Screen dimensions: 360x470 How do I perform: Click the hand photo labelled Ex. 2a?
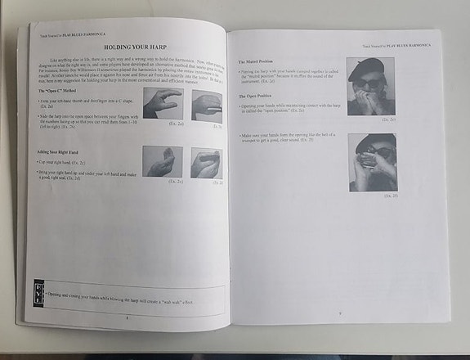(x=162, y=103)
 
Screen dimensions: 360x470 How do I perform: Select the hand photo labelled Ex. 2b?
(x=207, y=106)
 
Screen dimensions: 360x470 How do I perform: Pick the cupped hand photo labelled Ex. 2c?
(x=162, y=162)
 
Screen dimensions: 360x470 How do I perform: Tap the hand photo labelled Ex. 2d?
(x=206, y=163)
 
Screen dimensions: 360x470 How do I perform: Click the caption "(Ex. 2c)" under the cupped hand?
(x=175, y=181)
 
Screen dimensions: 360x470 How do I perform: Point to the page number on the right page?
(x=339, y=313)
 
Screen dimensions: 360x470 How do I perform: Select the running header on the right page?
(x=397, y=45)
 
